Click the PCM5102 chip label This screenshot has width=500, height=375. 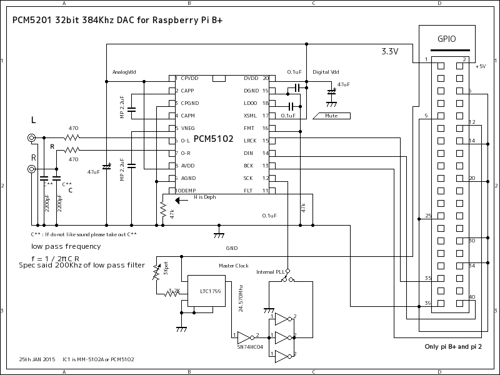213,138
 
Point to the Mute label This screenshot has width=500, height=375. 331,116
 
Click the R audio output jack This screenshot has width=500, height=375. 31,169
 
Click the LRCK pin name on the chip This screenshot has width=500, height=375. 250,141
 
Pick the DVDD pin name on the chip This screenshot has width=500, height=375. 251,79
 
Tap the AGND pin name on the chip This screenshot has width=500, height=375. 189,178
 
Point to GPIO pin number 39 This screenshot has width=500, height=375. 427,302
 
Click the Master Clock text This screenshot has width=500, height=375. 233,266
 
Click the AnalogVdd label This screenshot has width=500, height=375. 124,71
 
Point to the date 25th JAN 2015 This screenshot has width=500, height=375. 37,359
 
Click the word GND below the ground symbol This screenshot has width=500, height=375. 232,247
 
